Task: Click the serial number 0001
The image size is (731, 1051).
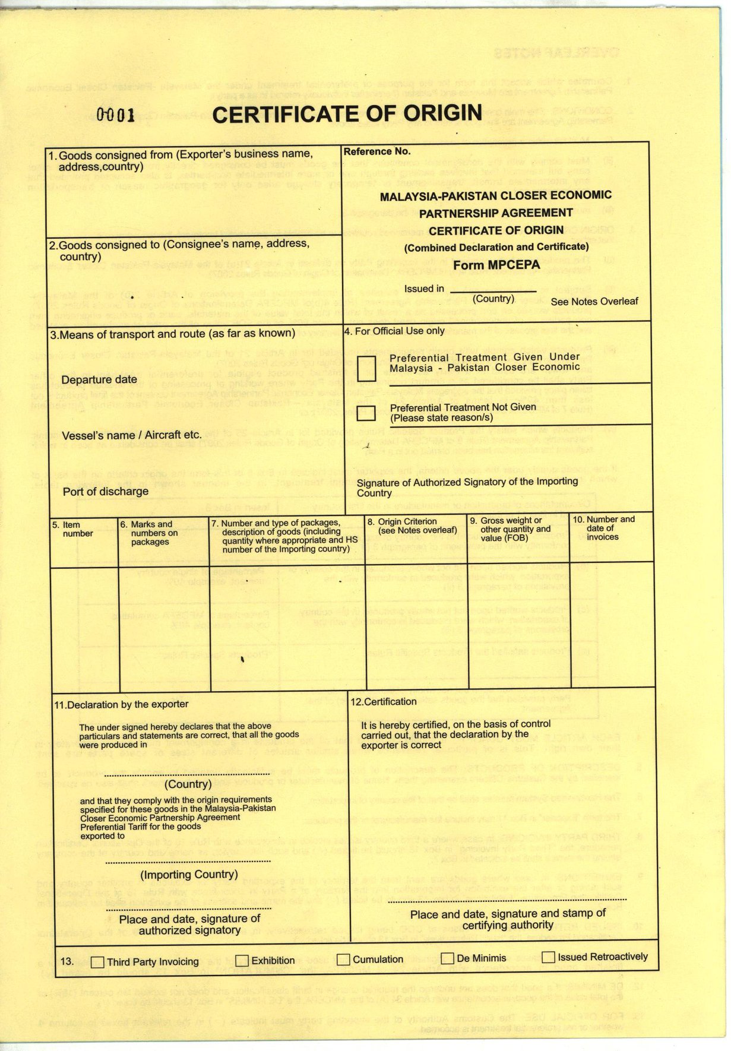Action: pos(116,115)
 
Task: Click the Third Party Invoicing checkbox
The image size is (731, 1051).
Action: pos(97,963)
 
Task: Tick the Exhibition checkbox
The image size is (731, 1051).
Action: pos(242,961)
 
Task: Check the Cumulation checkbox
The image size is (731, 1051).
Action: pos(343,960)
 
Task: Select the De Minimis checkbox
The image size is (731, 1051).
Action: pos(448,958)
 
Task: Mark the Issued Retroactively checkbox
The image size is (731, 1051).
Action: pos(548,957)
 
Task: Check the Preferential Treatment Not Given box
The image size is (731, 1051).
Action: pos(366,413)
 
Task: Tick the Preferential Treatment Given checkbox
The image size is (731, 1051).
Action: pos(367,369)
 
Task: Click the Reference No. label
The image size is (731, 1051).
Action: pos(377,151)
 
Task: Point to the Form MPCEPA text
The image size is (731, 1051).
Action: pos(496,265)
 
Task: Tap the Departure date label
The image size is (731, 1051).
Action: pos(99,379)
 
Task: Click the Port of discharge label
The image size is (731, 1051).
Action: pos(106,492)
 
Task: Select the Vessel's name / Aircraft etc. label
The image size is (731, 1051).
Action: pos(131,435)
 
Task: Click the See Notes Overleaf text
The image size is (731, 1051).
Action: pos(594,302)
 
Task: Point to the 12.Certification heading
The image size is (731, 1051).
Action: pos(384,702)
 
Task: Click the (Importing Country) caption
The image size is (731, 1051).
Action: pos(189,875)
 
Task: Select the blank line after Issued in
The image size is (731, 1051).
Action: pos(493,291)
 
